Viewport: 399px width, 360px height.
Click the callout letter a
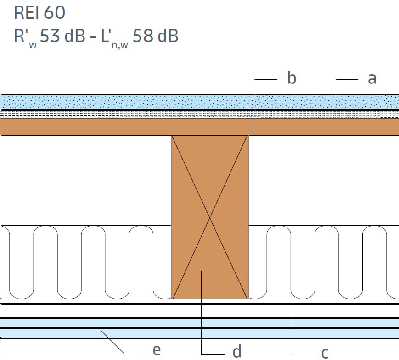click(372, 78)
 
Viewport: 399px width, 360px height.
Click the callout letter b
click(292, 78)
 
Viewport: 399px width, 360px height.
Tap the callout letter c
click(325, 353)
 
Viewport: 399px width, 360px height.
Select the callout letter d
click(237, 351)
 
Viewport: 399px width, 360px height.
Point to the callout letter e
click(157, 350)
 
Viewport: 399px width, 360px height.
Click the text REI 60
click(39, 12)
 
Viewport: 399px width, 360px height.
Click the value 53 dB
click(62, 36)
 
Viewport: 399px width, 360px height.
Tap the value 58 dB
click(156, 36)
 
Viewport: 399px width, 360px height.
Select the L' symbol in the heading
click(106, 35)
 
